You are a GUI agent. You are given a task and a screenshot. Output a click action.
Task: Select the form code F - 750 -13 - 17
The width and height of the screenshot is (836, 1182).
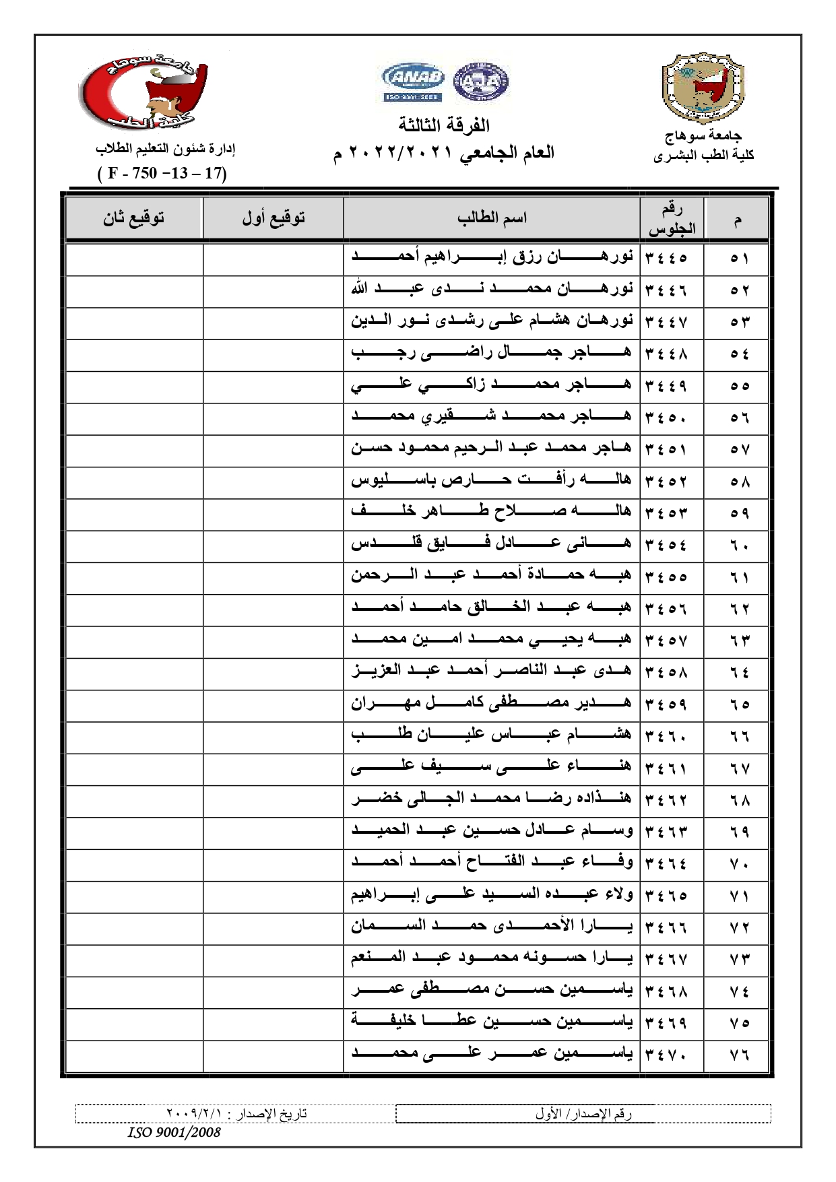pos(162,173)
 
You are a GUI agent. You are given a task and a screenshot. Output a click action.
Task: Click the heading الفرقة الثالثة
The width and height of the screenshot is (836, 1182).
pos(444,125)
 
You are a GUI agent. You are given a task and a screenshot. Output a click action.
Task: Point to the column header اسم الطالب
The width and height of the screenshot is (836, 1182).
pos(492,218)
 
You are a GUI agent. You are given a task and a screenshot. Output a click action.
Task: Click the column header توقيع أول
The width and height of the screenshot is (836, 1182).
pos(274,218)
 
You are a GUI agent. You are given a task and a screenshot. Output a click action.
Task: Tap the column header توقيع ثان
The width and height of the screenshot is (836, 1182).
pos(133,218)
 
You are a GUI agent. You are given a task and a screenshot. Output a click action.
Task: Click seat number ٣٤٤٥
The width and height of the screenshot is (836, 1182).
pos(666,258)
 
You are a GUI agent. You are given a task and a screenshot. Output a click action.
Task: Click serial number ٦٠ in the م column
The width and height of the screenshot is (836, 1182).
pos(740,545)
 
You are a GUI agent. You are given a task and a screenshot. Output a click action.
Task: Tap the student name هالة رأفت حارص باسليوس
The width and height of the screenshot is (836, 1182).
pos(491,480)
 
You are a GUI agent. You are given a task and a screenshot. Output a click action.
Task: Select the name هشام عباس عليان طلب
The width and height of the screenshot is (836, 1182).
pos(491,735)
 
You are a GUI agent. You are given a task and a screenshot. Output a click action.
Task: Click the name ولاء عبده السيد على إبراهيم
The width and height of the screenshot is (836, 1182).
pos(491,894)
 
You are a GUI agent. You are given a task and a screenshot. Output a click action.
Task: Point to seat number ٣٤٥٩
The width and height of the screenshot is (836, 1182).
pos(666,704)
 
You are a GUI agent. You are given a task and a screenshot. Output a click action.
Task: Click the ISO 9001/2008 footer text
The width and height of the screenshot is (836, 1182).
pos(174,1132)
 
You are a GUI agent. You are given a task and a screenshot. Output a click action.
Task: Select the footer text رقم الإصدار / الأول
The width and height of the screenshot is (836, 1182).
pos(583,1114)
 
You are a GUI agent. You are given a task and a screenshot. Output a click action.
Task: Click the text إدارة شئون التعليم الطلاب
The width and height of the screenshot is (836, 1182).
pos(165,148)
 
